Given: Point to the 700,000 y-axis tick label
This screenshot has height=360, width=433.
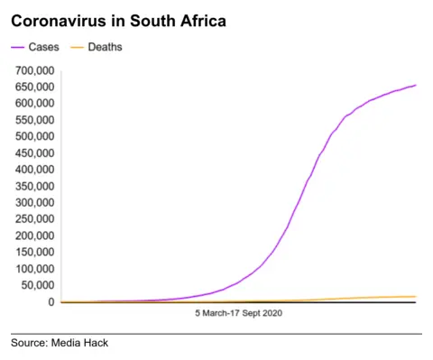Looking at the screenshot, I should coord(33,69).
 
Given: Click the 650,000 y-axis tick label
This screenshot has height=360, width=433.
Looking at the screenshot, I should coord(33,87).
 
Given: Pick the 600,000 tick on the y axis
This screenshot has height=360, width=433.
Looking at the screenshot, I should coord(33,103).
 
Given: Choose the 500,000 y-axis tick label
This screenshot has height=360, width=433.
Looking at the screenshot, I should coord(33,136).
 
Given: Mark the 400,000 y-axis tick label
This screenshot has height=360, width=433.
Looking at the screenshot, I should coord(33,170).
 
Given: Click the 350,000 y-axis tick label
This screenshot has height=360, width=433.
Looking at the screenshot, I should coord(33,186).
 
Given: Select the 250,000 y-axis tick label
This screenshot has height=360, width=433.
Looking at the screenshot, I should coord(33,219).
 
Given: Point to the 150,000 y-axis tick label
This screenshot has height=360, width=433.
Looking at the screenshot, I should coord(33,253).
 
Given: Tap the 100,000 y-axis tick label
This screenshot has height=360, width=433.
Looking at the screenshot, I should coord(33,269).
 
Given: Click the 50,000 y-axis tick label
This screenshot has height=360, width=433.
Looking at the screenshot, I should coord(36,285).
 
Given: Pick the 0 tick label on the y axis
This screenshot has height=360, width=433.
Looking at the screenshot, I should coord(51,302).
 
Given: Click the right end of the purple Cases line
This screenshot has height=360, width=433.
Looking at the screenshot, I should coord(415,86).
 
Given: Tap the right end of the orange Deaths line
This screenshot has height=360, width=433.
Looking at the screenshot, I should coord(415,297).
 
